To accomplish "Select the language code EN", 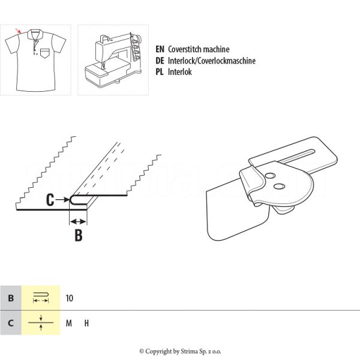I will (x=160, y=50).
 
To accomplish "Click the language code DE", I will (x=160, y=61).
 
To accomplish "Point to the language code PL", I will (x=160, y=71).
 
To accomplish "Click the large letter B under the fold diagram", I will (x=78, y=235).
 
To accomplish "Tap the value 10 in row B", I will (x=70, y=298).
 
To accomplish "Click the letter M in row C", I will (x=69, y=323).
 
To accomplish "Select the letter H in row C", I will (x=86, y=323).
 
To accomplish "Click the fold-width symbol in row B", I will (x=41, y=298).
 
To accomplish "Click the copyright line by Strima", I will (x=180, y=351).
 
